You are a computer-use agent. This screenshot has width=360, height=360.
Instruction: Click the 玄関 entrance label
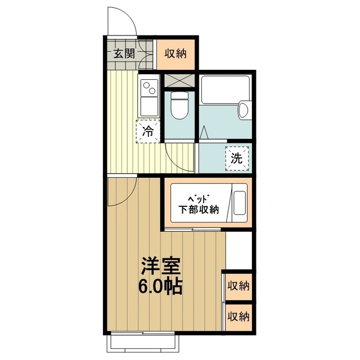point(124,54)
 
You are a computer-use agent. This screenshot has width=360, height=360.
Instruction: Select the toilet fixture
point(180,106)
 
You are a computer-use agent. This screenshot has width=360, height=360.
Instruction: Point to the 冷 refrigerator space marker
point(148,132)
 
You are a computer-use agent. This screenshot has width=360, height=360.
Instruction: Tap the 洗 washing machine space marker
point(237,157)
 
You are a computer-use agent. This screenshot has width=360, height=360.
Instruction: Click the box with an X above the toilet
point(179,80)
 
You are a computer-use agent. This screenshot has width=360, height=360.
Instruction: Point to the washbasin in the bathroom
point(244,110)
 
